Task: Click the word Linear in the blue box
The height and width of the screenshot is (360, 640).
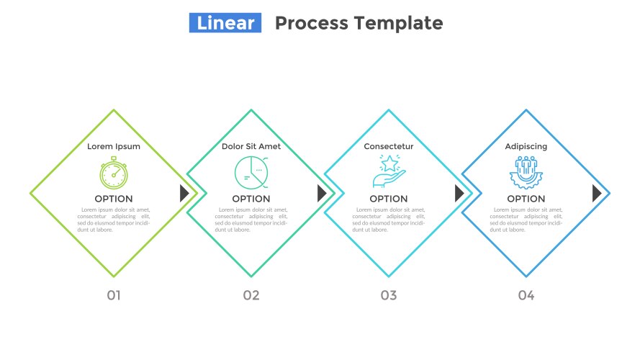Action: click(x=225, y=23)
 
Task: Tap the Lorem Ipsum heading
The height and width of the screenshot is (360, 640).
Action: click(x=114, y=146)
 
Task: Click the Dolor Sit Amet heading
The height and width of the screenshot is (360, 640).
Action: click(x=251, y=146)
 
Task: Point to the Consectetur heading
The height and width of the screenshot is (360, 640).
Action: click(x=389, y=146)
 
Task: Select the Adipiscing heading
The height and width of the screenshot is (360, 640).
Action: click(x=526, y=146)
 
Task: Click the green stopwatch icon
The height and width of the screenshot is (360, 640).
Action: click(x=114, y=173)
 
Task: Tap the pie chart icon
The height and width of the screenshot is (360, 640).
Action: click(x=251, y=173)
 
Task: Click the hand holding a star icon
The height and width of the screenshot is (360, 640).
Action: click(x=389, y=171)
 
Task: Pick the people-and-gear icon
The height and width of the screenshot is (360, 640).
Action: click(x=526, y=172)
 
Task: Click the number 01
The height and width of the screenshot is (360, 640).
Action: click(x=114, y=295)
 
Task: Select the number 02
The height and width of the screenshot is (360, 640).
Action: click(x=251, y=295)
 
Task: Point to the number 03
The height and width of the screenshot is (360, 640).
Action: click(x=389, y=295)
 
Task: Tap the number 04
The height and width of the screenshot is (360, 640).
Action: click(x=526, y=295)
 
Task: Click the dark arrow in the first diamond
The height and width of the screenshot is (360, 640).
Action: click(x=184, y=193)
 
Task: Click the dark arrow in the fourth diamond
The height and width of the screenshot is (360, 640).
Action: click(x=596, y=193)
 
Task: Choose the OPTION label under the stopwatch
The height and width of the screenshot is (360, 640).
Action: click(x=114, y=199)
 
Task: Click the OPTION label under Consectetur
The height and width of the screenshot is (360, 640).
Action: click(x=389, y=199)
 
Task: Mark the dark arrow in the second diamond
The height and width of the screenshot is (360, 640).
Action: click(x=322, y=193)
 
